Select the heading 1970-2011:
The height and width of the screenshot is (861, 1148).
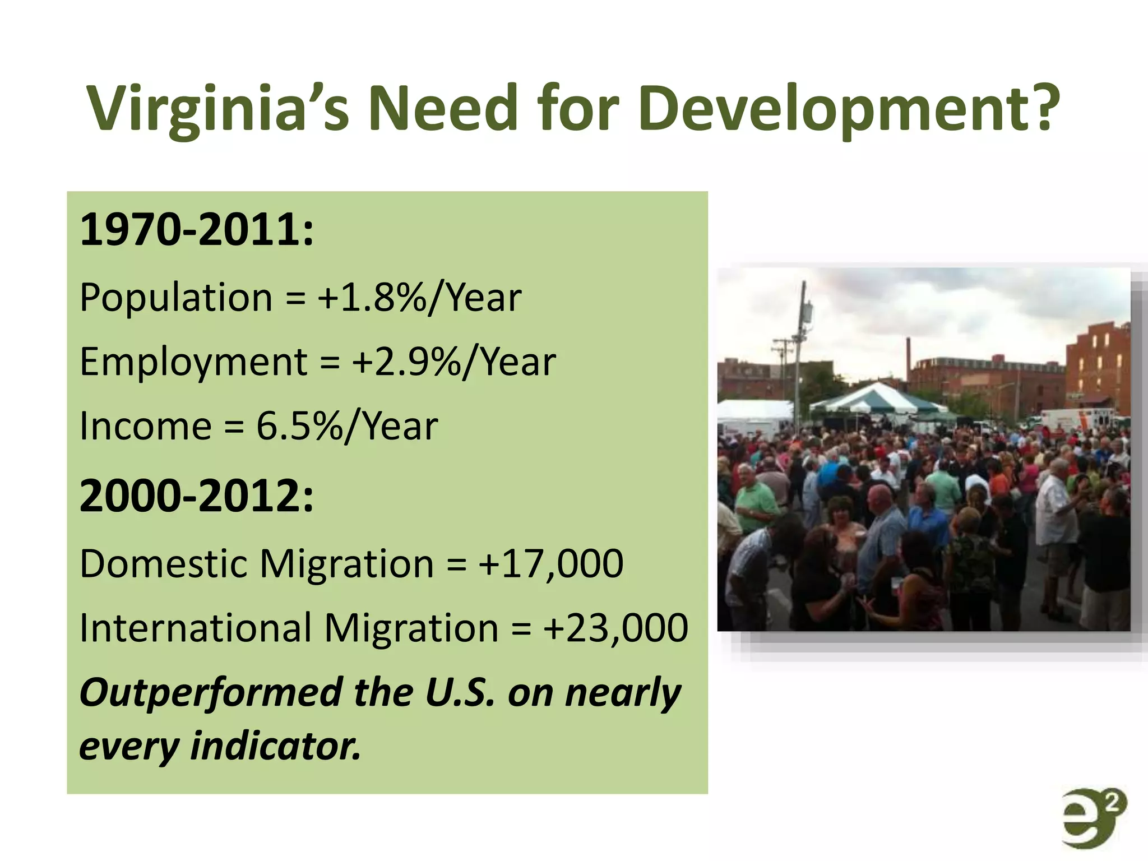(x=196, y=230)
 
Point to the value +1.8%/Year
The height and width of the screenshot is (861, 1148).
(x=419, y=298)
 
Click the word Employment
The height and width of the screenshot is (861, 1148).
(x=193, y=363)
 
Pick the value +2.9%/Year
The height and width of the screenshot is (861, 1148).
(x=453, y=362)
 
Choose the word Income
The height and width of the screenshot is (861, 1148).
(x=145, y=427)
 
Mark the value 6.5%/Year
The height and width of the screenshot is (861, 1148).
(x=347, y=427)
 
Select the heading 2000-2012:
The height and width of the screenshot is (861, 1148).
(x=196, y=496)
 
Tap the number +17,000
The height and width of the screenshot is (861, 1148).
(x=550, y=564)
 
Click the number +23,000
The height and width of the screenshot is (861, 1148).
(x=615, y=628)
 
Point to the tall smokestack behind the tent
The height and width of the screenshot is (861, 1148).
(x=908, y=359)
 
